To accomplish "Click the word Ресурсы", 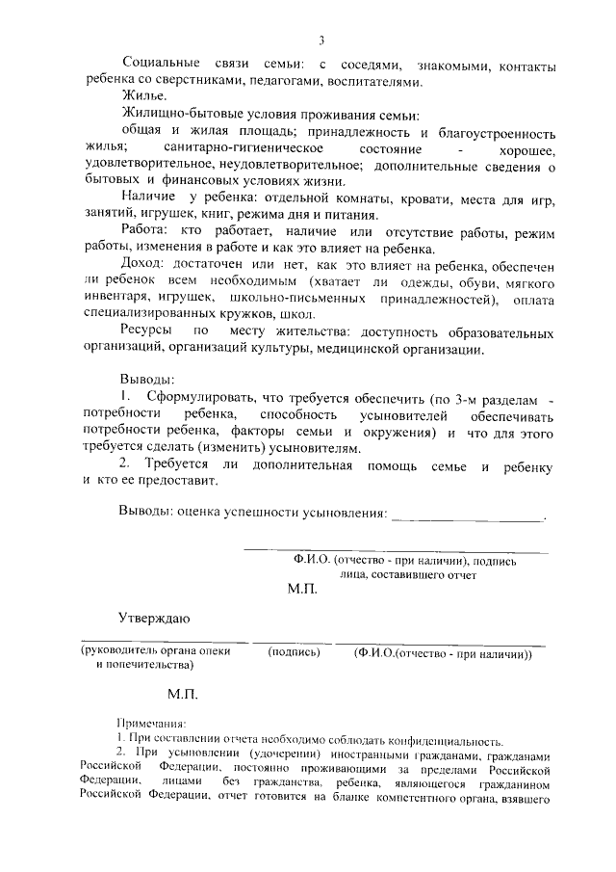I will (x=147, y=332).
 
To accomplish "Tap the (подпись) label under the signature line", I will (x=294, y=651).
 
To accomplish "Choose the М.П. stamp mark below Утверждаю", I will (x=182, y=693).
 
